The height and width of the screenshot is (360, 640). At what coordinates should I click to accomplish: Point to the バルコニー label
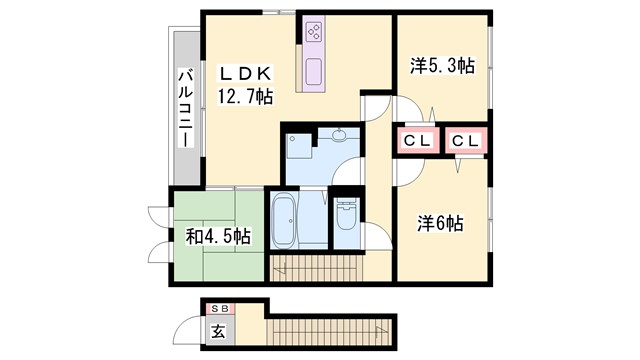[186, 109]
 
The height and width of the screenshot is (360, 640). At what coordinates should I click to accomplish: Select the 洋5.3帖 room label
[442, 66]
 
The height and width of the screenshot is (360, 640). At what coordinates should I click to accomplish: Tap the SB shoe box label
[218, 309]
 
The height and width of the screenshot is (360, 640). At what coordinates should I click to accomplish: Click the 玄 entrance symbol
[218, 330]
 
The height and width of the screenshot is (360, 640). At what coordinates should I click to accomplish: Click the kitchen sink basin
[313, 73]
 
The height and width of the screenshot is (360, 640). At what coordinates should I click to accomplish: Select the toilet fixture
[346, 216]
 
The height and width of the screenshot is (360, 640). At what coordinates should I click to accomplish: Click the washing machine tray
[298, 145]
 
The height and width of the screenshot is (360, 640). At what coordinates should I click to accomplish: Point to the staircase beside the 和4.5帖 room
[315, 267]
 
